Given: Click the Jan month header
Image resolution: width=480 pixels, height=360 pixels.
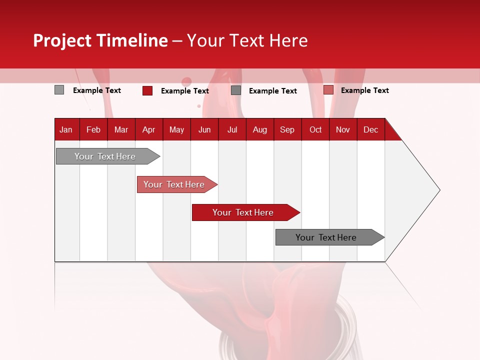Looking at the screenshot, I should click(66, 129).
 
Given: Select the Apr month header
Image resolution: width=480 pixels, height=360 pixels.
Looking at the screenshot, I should click(148, 129).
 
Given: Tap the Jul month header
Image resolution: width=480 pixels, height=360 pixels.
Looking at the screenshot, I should click(232, 129).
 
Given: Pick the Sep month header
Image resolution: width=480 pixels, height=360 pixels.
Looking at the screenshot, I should click(287, 129).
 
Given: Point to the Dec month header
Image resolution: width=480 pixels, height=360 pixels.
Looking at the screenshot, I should click(370, 129).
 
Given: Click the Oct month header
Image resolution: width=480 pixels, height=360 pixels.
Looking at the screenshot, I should click(315, 129).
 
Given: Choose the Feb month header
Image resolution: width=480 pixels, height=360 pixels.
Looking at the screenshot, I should click(93, 129).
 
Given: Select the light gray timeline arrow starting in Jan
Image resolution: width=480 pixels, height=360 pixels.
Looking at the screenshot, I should click(105, 156).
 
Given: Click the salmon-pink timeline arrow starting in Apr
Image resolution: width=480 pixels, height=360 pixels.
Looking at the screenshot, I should click(174, 184).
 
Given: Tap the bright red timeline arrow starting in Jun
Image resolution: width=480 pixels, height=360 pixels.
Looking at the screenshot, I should click(243, 212).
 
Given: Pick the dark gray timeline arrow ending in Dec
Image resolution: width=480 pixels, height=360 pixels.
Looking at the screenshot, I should click(326, 237).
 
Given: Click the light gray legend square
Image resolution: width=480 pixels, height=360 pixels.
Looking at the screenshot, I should click(59, 90).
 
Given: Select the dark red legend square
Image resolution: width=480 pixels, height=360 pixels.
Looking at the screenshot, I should click(147, 90).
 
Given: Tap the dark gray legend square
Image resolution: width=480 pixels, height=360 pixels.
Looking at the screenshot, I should click(236, 90).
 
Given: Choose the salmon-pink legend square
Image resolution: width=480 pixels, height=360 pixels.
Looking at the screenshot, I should click(328, 90).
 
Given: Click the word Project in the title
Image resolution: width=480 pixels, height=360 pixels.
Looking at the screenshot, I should click(62, 41).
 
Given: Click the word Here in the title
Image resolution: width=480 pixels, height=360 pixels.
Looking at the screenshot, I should click(288, 40).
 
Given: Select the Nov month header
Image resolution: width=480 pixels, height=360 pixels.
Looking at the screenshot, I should click(342, 129).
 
